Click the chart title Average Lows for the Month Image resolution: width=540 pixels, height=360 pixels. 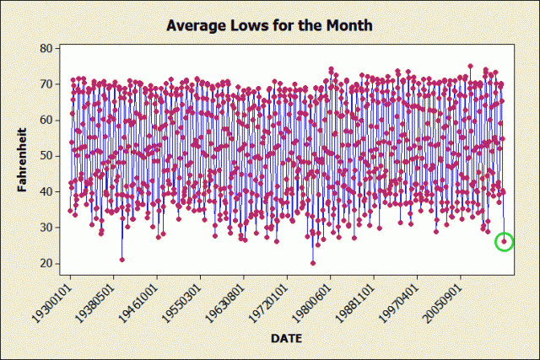point(269,25)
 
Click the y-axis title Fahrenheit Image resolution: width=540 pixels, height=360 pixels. point(24,155)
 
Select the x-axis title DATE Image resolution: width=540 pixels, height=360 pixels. point(288,338)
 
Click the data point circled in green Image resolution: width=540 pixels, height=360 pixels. point(505,242)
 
